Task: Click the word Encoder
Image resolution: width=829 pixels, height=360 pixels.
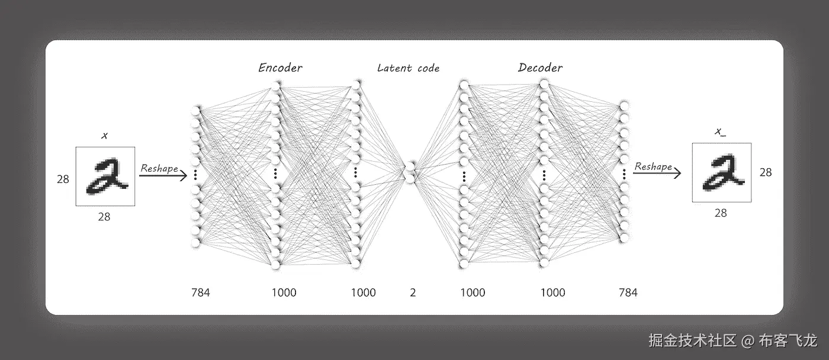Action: [280, 67]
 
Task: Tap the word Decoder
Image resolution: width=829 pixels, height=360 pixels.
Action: [540, 67]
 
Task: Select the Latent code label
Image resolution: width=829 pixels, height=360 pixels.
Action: [409, 68]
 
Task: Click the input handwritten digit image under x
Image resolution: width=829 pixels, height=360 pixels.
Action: [105, 176]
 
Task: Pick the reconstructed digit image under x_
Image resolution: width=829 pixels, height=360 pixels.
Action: [721, 172]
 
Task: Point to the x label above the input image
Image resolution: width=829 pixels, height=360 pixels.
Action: [105, 136]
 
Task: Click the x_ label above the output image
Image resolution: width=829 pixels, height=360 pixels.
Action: [720, 132]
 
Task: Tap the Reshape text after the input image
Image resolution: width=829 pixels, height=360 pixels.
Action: [159, 168]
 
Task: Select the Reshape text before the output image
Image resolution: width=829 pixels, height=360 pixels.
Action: [653, 166]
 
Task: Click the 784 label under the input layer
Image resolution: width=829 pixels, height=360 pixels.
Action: [200, 292]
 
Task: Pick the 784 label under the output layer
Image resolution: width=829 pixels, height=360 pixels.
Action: [628, 292]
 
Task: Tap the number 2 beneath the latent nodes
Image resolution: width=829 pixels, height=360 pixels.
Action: [413, 292]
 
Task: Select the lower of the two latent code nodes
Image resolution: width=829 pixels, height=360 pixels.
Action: [410, 176]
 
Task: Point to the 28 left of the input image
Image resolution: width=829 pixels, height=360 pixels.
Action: [63, 179]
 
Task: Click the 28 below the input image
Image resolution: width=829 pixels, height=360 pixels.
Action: [104, 217]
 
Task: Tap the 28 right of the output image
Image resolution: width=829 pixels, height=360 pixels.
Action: [765, 172]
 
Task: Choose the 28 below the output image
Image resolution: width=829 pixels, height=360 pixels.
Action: [720, 213]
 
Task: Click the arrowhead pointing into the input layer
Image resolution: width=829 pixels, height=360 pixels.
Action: [184, 175]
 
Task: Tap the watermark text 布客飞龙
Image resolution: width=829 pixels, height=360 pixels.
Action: [788, 340]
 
